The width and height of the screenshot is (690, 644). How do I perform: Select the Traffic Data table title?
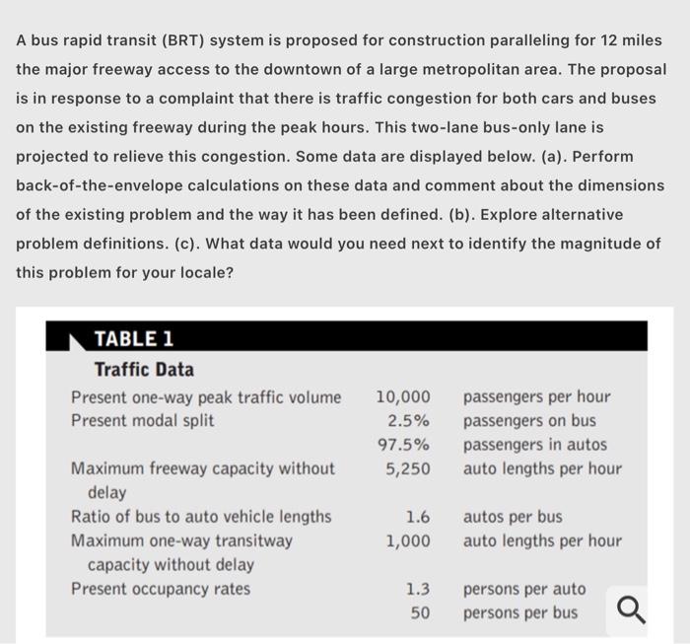tap(144, 370)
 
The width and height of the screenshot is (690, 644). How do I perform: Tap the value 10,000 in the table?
tap(403, 397)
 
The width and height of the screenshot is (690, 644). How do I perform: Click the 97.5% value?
tap(405, 445)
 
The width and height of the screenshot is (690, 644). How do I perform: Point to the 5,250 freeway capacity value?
tap(408, 468)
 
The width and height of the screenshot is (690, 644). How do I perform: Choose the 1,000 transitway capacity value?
tap(408, 540)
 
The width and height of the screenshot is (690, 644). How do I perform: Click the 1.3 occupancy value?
tap(417, 590)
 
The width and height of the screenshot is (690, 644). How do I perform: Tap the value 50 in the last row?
tap(420, 613)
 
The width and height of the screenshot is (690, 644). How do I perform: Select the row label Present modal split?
tap(143, 421)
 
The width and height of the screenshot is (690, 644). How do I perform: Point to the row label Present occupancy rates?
tap(161, 590)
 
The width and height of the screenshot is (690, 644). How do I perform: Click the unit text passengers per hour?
tap(536, 397)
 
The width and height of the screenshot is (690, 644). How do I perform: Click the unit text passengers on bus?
tap(529, 421)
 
